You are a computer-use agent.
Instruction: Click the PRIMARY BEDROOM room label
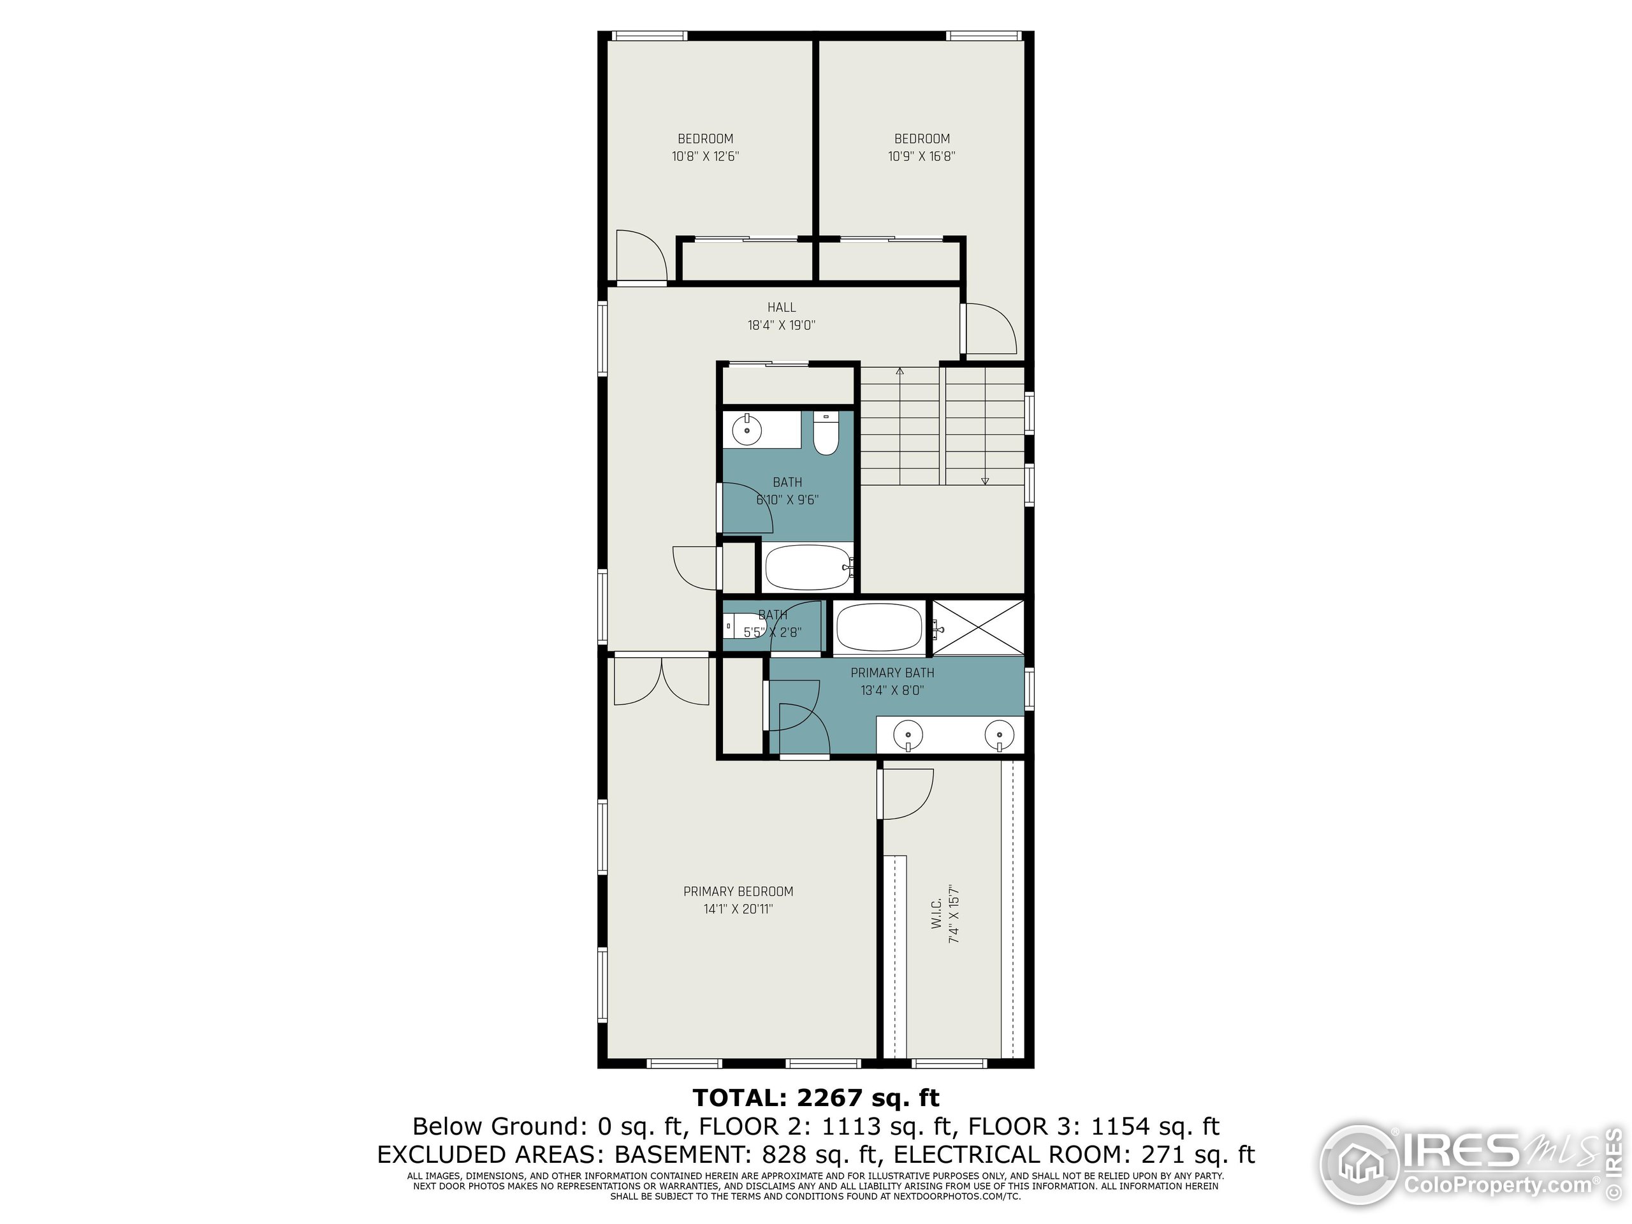738,891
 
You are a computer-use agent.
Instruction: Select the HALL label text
782,307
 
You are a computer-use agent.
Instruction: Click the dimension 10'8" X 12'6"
705,156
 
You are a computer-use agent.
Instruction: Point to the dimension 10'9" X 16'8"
921,156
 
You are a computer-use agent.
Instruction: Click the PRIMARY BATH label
892,673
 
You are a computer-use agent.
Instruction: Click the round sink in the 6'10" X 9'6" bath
747,430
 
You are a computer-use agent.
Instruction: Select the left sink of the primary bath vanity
908,735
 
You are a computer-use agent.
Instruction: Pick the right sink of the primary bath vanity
999,735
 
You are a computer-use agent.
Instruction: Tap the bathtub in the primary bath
878,627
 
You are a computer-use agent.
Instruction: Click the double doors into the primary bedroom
662,680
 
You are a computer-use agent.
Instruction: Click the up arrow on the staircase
900,371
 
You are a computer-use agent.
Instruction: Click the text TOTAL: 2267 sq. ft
816,1098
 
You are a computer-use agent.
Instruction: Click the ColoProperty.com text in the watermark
1497,1186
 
